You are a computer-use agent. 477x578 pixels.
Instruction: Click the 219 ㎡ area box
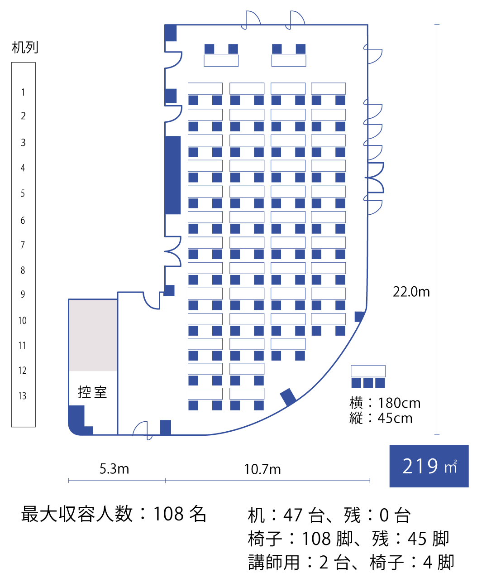tap(429, 466)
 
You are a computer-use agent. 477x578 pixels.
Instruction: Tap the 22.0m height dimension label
tap(411, 292)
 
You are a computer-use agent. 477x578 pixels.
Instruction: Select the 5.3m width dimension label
tap(114, 468)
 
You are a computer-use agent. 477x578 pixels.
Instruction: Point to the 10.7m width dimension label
tap(262, 469)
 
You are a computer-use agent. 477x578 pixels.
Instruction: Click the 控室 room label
tap(92, 392)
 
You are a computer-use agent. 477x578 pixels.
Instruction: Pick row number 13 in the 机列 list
tap(23, 396)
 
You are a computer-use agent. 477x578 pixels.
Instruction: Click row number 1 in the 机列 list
tap(23, 92)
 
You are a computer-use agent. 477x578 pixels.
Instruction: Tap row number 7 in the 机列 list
tap(23, 245)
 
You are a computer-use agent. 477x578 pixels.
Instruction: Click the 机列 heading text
tap(25, 47)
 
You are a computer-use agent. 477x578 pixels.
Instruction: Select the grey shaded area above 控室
tap(93, 335)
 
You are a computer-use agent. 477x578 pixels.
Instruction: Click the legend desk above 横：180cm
tap(368, 371)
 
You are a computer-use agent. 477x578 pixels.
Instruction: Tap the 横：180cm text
tap(385, 403)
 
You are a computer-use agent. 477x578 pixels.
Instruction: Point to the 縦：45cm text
tap(381, 418)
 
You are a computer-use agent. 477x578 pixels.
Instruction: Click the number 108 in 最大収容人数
tap(168, 514)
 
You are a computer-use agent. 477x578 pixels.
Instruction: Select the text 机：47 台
tap(281, 515)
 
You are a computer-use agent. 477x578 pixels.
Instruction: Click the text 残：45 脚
tap(410, 539)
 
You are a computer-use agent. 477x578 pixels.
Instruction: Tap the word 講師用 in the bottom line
tap(273, 562)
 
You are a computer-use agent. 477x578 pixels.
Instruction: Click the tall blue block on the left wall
tap(172, 175)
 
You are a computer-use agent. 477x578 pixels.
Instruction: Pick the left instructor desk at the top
tap(221, 61)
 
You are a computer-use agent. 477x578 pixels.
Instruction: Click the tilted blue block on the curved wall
tap(288, 397)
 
